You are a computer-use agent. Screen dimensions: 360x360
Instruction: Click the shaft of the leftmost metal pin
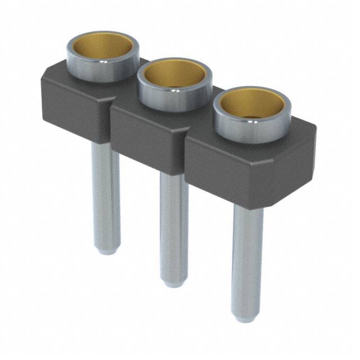106,191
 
